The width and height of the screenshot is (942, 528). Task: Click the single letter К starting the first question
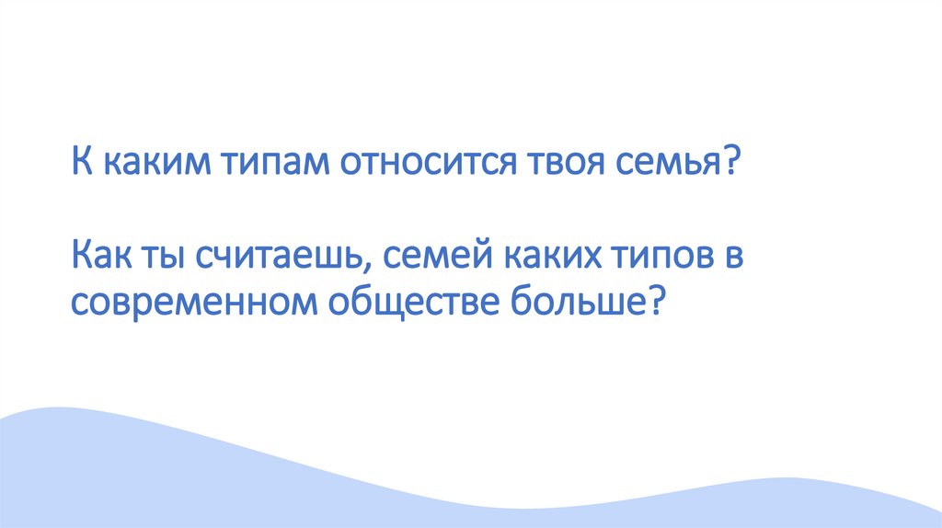point(81,166)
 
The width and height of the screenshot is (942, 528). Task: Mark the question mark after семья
point(733,166)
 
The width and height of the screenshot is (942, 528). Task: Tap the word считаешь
point(277,257)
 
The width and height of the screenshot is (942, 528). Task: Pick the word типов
point(660,258)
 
